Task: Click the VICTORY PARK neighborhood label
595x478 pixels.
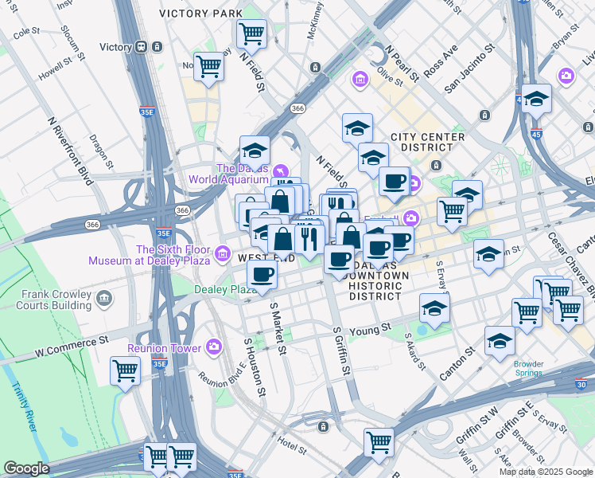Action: (x=200, y=14)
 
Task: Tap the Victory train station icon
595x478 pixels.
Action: (x=142, y=47)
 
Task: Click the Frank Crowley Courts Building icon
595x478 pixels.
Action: (x=104, y=299)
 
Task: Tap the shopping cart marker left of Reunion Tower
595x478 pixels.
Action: (x=126, y=370)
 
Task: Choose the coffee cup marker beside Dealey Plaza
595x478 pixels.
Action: (x=262, y=274)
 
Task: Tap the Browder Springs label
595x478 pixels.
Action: (x=528, y=369)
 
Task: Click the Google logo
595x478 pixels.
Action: (x=26, y=468)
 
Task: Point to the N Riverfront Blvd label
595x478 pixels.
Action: (x=70, y=151)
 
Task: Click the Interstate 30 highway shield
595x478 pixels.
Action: (x=582, y=383)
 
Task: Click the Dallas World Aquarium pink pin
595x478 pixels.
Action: (x=279, y=170)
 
